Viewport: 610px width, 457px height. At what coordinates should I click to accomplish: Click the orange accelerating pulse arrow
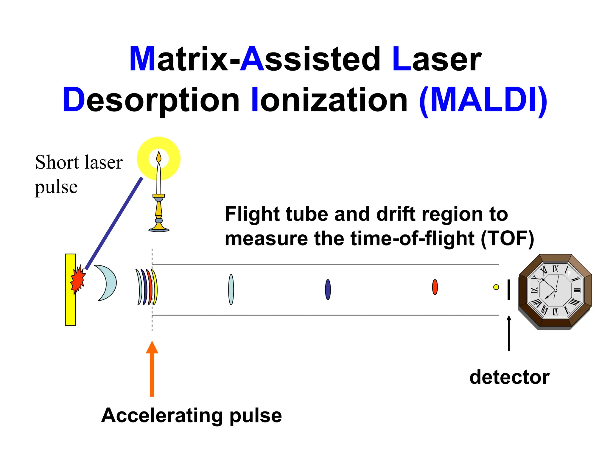click(x=152, y=369)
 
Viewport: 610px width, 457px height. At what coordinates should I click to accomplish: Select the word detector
click(x=509, y=377)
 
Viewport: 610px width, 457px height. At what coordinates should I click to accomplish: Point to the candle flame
click(x=159, y=157)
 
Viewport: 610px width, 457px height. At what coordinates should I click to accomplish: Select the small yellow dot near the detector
click(x=496, y=287)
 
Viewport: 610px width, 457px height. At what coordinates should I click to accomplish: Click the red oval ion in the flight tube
click(x=435, y=287)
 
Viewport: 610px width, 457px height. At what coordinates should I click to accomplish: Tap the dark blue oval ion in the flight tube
click(x=328, y=290)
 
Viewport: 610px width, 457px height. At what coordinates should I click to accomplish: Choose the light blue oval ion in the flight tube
click(x=231, y=290)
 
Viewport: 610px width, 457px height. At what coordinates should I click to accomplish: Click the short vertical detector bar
click(x=509, y=290)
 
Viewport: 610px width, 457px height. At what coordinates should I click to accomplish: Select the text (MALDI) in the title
click(x=483, y=100)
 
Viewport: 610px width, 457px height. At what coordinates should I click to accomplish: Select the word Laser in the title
click(x=437, y=60)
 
